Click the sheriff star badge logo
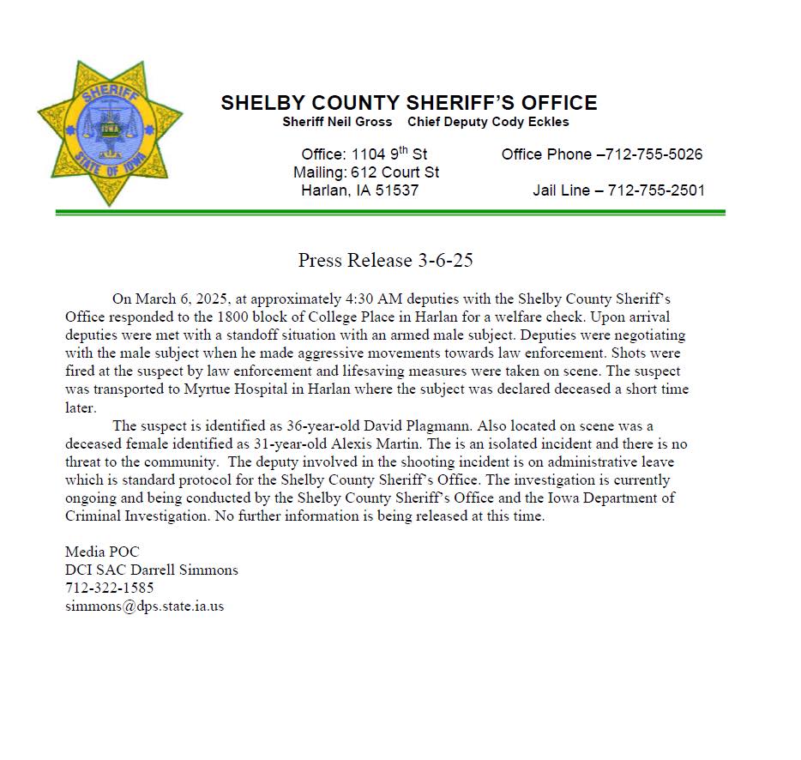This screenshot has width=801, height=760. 110,133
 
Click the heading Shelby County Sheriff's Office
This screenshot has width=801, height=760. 408,103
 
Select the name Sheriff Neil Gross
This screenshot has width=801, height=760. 337,122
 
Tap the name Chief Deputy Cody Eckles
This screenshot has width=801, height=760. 488,122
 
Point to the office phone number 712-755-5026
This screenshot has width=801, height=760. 654,154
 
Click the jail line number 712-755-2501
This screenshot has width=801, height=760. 656,190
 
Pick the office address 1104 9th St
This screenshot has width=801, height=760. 388,154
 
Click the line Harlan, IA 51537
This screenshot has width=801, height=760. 359,190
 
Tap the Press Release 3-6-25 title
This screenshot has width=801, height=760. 386,260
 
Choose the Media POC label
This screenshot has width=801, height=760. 102,552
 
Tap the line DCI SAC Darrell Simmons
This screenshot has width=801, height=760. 152,570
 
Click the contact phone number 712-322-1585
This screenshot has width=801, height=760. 110,588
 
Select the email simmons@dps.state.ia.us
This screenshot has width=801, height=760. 144,606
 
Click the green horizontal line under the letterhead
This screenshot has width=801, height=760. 390,212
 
